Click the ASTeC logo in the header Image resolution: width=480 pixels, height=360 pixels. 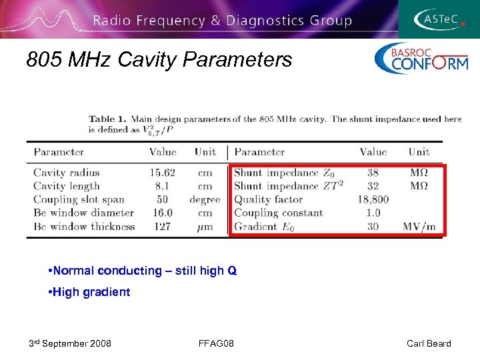tap(440, 19)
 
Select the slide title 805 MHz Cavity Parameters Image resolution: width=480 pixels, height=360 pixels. tap(159, 60)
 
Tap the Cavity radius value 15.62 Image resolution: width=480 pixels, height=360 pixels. tap(163, 173)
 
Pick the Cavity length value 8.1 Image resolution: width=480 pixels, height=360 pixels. tap(163, 186)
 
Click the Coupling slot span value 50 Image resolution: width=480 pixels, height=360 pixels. tap(163, 199)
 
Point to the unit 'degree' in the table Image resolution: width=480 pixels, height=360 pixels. tap(205, 199)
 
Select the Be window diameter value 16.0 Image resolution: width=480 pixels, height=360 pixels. tap(163, 213)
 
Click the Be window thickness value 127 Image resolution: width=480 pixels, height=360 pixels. tap(163, 226)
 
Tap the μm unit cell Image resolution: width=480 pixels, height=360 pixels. tap(205, 227)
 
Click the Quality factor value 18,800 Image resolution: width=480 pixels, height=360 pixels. tap(373, 199)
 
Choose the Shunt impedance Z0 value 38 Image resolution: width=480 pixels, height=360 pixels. tap(373, 173)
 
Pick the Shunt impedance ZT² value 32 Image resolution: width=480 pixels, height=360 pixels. tap(373, 186)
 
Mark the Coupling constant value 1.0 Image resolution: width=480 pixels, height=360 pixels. tap(373, 213)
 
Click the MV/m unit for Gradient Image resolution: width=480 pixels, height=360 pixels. tap(419, 227)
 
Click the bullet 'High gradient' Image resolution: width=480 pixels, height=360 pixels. tap(90, 292)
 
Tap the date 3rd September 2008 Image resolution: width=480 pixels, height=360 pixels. tap(70, 343)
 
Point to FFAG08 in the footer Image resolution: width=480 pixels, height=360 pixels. tap(215, 343)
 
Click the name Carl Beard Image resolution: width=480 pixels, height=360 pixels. tap(429, 343)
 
